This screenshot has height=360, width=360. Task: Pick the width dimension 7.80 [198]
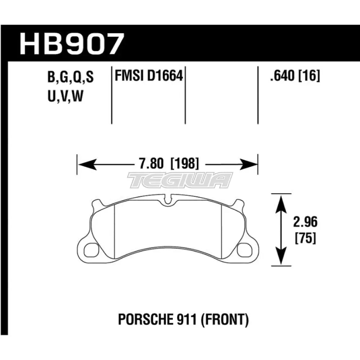(x=168, y=165)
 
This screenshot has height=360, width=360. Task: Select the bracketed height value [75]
(x=306, y=238)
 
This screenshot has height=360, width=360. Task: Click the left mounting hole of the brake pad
(x=91, y=249)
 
